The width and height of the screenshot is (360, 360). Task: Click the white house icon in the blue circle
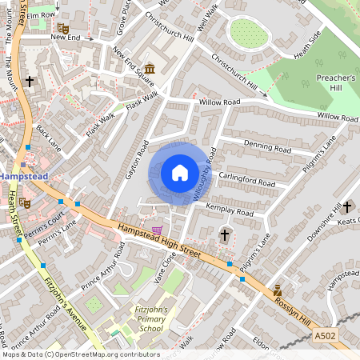pos(180,173)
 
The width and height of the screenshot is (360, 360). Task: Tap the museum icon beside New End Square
pos(150,70)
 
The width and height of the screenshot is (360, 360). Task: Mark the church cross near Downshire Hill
pos(347,206)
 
